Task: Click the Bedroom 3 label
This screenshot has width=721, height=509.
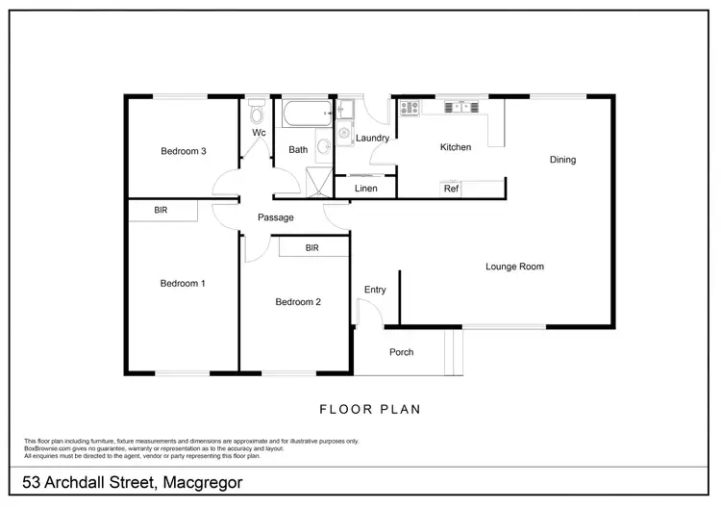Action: tap(183, 151)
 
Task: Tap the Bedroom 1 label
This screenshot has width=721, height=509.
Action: tap(183, 283)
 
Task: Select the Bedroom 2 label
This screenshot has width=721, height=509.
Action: tap(298, 301)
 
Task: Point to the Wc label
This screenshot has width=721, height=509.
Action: tap(259, 133)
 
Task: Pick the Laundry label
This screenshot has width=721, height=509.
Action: tap(372, 139)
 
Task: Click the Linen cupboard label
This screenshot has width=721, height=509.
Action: tap(366, 189)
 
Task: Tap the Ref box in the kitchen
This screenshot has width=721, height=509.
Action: tap(451, 189)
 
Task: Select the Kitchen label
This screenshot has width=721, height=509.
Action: tap(456, 147)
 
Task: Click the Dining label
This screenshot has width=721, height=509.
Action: tap(562, 160)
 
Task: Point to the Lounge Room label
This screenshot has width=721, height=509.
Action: tap(515, 267)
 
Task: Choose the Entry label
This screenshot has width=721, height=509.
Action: tap(375, 290)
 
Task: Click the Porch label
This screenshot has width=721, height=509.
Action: tap(402, 352)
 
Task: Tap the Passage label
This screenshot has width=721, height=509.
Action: tap(276, 217)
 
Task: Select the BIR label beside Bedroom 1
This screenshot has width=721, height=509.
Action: tap(162, 209)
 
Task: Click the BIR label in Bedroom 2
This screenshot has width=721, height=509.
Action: tap(311, 247)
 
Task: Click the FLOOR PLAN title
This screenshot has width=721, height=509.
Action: tap(369, 409)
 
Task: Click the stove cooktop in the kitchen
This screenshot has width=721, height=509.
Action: tap(409, 109)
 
